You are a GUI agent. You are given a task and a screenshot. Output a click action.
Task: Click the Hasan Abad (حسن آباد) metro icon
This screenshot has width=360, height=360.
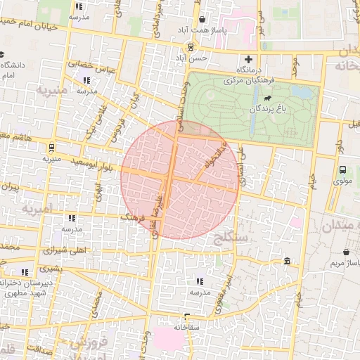190,47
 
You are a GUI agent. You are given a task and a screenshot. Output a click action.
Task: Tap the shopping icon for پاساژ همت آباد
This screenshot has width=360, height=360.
202,20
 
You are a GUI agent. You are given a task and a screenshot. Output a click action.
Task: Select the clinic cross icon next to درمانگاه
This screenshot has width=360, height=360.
247,59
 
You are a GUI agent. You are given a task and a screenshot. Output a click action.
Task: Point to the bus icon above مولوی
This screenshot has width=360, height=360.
342,169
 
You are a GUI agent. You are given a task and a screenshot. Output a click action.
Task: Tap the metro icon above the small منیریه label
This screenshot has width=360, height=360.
51,148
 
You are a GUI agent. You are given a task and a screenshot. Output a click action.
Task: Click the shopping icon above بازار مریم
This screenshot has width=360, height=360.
347,251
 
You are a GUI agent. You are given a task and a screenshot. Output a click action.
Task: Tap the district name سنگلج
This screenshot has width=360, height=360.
229,239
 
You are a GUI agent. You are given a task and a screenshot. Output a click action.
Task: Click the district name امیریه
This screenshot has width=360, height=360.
37,210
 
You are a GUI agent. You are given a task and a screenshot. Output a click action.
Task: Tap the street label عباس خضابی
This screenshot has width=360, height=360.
90,69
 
